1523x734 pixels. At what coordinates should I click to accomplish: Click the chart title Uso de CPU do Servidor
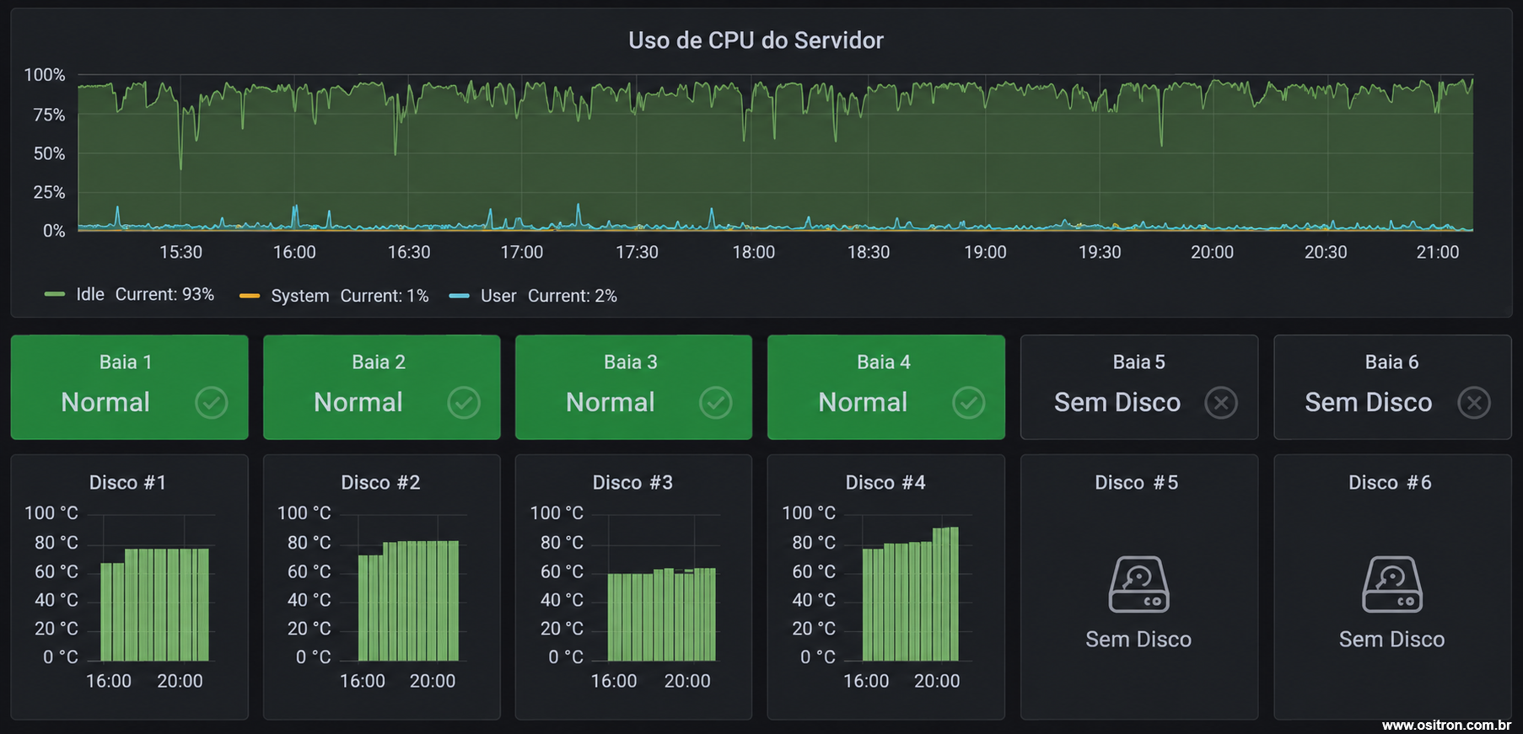coord(756,40)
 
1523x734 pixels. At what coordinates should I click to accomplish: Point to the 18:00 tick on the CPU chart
coord(753,252)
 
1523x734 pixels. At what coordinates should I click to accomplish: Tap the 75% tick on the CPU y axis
coord(49,115)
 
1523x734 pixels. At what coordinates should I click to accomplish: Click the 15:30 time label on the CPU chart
coord(180,252)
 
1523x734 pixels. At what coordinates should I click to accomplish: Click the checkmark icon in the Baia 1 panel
coord(211,403)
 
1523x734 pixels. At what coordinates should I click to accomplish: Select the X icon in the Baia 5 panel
coord(1221,403)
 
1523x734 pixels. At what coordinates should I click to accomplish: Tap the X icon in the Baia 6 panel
coord(1474,403)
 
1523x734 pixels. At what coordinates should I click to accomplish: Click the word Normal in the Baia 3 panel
coord(611,402)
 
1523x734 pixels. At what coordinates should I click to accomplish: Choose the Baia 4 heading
coord(884,362)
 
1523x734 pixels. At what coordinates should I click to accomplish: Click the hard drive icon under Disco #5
coord(1138,584)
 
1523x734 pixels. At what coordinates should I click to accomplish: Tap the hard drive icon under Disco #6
coord(1392,584)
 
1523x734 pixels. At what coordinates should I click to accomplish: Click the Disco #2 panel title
coord(380,482)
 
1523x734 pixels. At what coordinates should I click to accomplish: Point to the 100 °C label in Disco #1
coord(51,512)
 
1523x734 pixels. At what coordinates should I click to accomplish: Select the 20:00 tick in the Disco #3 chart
coord(687,681)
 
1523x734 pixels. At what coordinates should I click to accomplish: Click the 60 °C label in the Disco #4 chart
coord(814,571)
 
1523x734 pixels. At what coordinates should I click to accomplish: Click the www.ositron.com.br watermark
coord(1446,725)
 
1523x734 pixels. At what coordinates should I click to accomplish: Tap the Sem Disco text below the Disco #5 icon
coord(1138,640)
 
